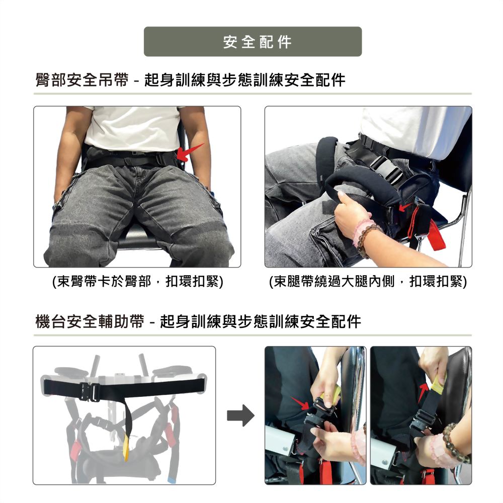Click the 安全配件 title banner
pyautogui.click(x=253, y=42)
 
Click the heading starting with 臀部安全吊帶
pyautogui.click(x=190, y=80)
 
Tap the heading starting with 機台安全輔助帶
pyautogui.click(x=198, y=321)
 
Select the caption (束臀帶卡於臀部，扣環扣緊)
pyautogui.click(x=138, y=281)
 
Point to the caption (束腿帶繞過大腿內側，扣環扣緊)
pyautogui.click(x=368, y=281)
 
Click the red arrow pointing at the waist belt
pyautogui.click(x=190, y=152)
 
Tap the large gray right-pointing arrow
pyautogui.click(x=240, y=415)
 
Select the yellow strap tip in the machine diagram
pyautogui.click(x=126, y=448)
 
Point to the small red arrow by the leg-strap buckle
pyautogui.click(x=405, y=207)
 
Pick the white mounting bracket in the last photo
pyautogui.click(x=383, y=450)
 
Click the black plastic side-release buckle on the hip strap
pyautogui.click(x=387, y=169)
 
